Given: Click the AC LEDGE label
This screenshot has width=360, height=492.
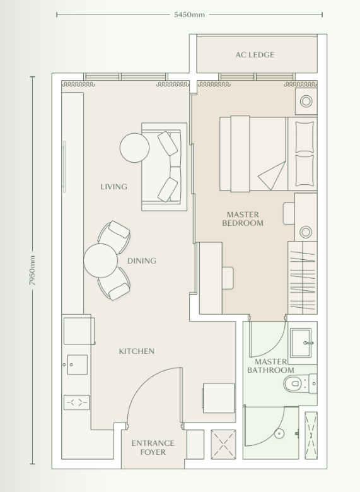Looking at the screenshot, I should click(255, 55).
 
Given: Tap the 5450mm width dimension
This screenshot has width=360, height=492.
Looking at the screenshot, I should click(189, 14).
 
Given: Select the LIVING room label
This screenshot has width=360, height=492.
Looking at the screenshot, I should click(113, 187).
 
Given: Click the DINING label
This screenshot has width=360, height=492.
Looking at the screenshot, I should click(141, 261).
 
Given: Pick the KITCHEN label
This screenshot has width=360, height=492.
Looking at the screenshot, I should click(136, 351).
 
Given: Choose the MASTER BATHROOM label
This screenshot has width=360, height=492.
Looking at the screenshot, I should click(270, 366).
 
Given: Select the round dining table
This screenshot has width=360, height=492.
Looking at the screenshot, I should click(100, 261).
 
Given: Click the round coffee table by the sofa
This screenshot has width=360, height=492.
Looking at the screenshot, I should click(135, 148).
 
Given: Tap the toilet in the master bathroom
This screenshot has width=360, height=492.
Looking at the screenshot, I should click(298, 383).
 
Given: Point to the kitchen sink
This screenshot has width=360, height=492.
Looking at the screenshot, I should click(77, 365).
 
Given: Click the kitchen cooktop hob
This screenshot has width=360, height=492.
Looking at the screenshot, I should click(76, 402).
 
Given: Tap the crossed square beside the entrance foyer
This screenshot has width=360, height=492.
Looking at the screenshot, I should click(223, 444).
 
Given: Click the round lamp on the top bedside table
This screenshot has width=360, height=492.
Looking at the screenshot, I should click(306, 100).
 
